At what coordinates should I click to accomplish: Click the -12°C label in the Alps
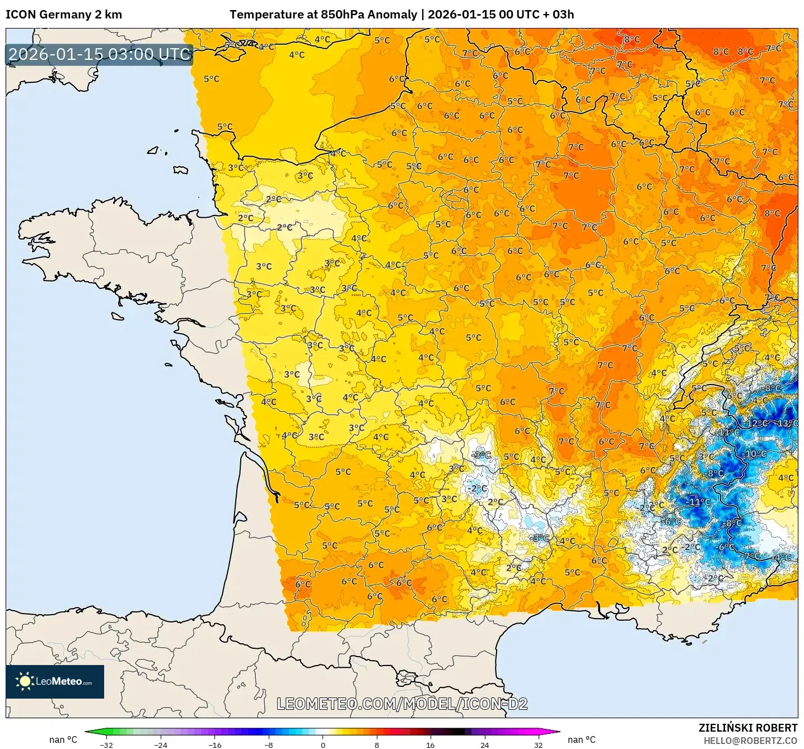tap(757, 423)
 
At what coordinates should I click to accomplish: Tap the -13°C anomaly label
tap(787, 423)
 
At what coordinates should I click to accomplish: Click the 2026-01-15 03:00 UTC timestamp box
tap(100, 54)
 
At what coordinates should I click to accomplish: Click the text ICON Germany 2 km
tap(64, 15)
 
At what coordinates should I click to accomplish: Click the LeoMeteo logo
tap(55, 681)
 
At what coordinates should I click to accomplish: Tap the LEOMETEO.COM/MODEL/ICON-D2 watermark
tap(402, 704)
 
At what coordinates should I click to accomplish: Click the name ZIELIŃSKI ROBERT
tap(748, 728)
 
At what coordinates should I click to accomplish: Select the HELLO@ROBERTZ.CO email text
tap(750, 741)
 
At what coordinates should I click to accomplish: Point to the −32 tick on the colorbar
tap(106, 745)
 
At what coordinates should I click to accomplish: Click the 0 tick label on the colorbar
tap(322, 745)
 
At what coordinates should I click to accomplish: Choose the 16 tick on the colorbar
tap(430, 745)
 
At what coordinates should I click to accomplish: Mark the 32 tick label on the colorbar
tap(538, 745)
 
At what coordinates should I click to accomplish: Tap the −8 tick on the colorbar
tap(269, 745)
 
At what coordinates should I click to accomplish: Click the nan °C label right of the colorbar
tap(581, 739)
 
